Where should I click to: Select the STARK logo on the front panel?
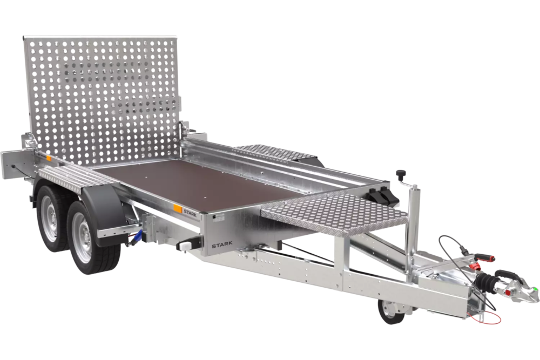point(222,245)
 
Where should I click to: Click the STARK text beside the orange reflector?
point(190,212)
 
